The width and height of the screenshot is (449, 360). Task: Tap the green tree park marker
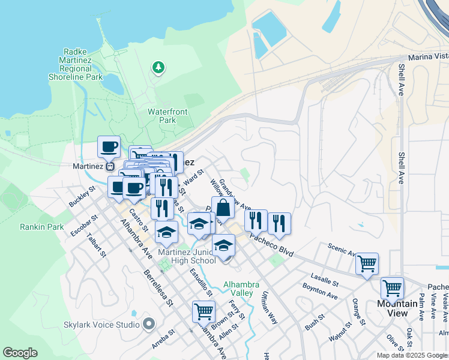pos(158,67)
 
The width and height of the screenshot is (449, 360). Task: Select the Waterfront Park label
pos(167,116)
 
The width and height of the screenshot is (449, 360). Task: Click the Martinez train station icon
pos(110,166)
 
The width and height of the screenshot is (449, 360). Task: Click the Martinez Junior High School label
pos(187,256)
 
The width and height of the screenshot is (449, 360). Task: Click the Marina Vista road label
pos(428,57)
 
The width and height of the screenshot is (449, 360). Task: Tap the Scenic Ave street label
pos(342,251)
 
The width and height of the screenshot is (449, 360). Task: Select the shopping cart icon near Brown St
pos(203,311)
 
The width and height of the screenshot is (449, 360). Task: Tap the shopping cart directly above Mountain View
pos(392,287)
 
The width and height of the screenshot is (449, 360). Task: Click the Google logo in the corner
pos(20,353)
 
